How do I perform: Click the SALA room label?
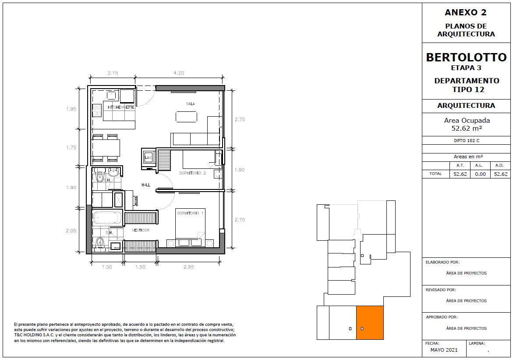(x=190, y=104)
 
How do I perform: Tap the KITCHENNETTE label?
(x=121, y=107)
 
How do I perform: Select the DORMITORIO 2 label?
(x=192, y=173)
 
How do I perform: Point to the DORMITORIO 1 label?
(x=190, y=213)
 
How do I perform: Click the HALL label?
(x=146, y=185)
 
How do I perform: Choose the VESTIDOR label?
(x=141, y=230)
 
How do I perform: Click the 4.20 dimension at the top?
(x=179, y=73)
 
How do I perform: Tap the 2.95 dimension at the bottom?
(x=188, y=267)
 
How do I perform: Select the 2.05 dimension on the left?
(x=71, y=231)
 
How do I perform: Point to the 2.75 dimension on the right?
(x=240, y=119)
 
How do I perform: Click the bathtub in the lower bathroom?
(x=106, y=217)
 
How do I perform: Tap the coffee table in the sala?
(x=187, y=117)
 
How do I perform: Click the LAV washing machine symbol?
(x=148, y=157)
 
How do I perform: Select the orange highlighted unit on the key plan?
(x=370, y=323)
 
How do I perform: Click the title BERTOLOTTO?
(x=466, y=57)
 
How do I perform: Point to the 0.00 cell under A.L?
(x=480, y=174)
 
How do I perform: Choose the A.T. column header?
(x=460, y=165)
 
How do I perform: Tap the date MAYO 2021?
(x=444, y=350)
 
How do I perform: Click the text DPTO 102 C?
(x=467, y=140)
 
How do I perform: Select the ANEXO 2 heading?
(x=466, y=12)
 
